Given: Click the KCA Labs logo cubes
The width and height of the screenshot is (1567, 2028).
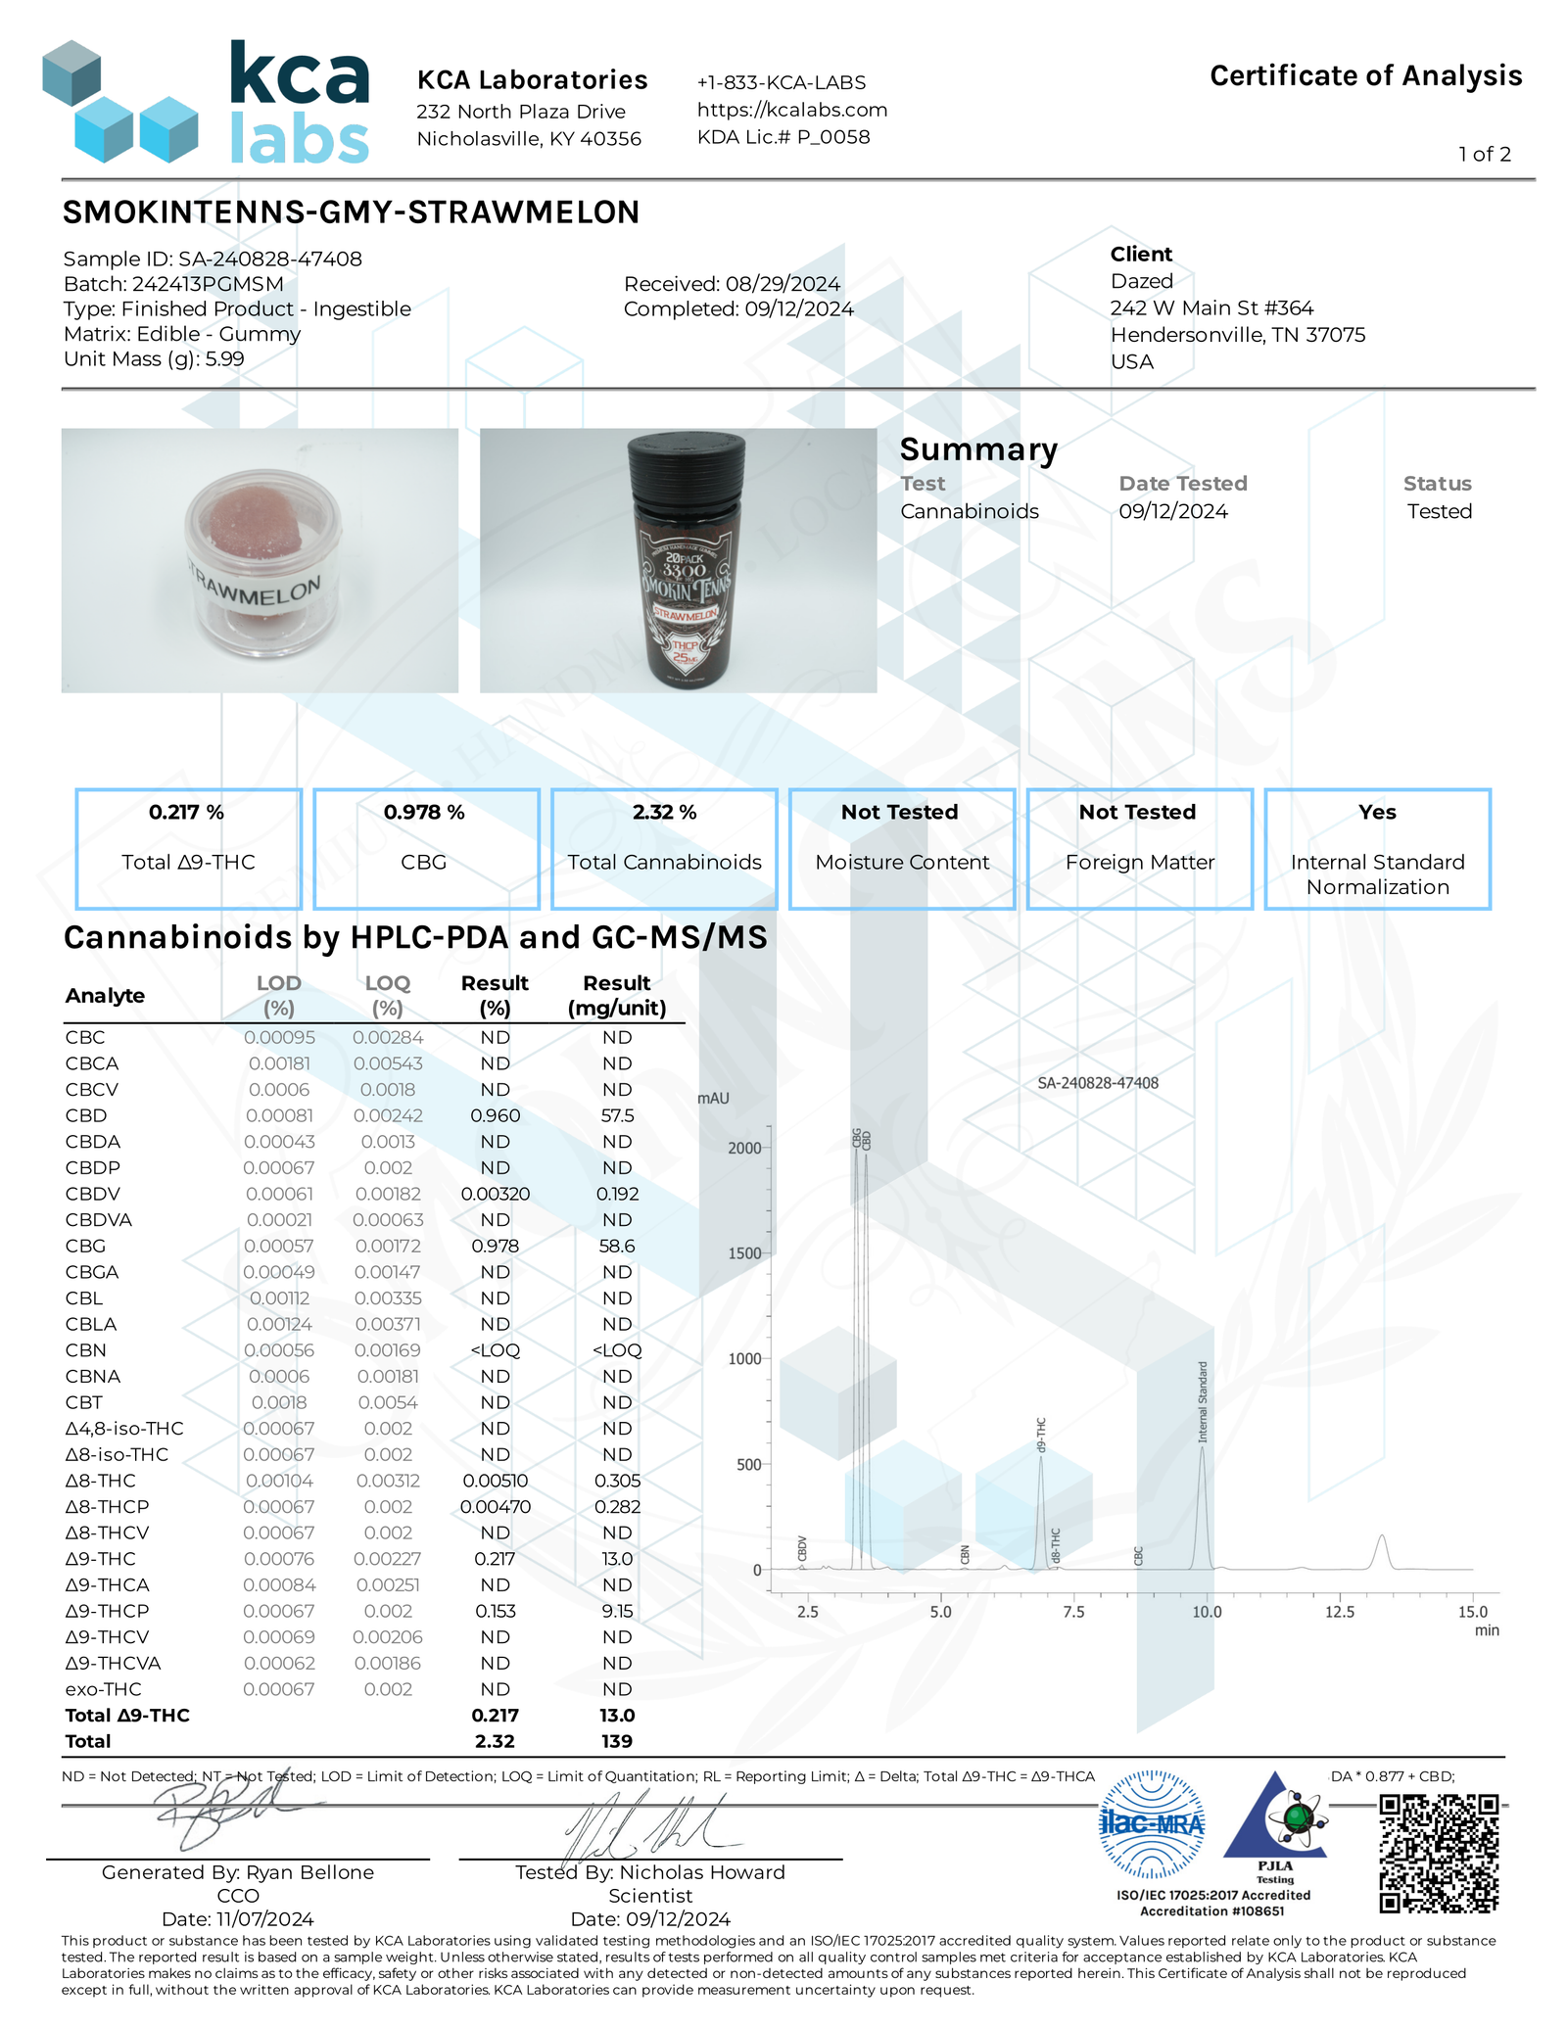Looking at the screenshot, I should tap(119, 103).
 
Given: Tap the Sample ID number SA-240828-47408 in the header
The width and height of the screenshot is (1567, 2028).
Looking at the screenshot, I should tap(269, 259).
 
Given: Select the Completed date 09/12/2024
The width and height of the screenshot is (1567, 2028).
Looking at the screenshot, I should tap(799, 309).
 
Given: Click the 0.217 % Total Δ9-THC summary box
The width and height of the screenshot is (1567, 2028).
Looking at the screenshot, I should tap(188, 848).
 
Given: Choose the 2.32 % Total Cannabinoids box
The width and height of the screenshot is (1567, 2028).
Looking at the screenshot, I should tap(664, 848).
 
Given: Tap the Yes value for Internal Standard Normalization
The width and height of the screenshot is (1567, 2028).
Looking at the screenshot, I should tap(1376, 813).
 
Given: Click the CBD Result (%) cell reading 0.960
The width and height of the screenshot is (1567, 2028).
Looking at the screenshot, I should tap(495, 1116).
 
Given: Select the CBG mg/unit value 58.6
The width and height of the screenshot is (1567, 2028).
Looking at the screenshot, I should tap(617, 1247).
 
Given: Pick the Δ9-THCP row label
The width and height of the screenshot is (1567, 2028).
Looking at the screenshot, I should tap(108, 1611).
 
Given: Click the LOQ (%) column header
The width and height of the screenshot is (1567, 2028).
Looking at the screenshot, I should tap(388, 995).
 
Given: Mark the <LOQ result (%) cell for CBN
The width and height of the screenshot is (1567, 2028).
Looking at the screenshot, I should tap(495, 1350).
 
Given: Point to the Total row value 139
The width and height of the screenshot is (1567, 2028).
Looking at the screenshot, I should tap(617, 1741).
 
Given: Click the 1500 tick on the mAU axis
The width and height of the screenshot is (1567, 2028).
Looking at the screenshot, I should tap(745, 1253).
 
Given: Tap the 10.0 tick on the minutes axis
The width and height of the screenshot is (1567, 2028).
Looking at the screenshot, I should tap(1207, 1612).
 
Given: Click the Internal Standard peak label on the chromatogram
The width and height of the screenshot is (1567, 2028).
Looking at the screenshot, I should tap(1203, 1401).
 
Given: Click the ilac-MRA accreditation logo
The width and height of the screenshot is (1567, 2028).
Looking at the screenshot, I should tap(1152, 1824).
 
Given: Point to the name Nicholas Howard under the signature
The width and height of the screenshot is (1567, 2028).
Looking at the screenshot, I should tap(701, 1872).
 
